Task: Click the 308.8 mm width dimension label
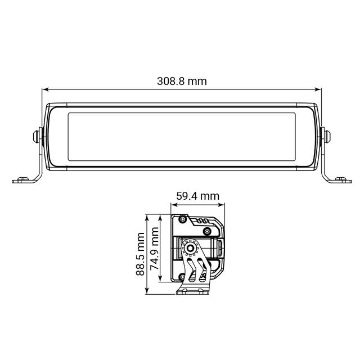[181, 81]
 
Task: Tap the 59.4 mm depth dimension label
[197, 196]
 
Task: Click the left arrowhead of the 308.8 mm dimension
[46, 89]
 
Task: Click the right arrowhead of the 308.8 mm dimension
[318, 89]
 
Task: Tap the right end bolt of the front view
[326, 136]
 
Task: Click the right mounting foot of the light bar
[339, 180]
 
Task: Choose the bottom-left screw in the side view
[182, 276]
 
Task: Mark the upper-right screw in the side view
[208, 231]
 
